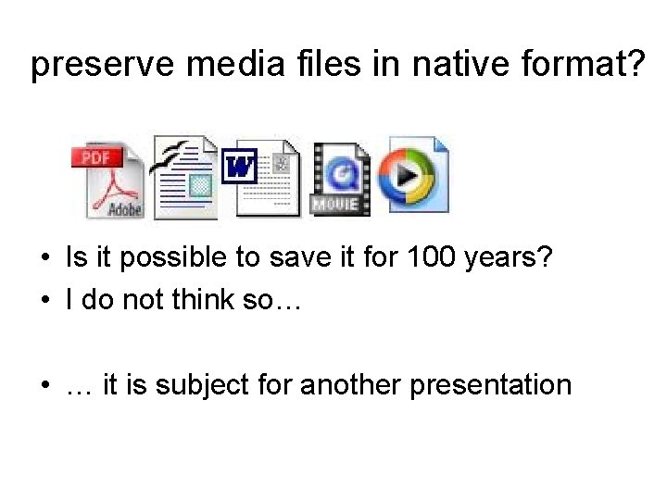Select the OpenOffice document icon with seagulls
(x=185, y=179)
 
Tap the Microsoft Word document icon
(x=266, y=177)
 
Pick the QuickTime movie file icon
(x=341, y=179)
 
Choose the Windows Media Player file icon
(x=417, y=176)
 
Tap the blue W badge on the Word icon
(x=240, y=168)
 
